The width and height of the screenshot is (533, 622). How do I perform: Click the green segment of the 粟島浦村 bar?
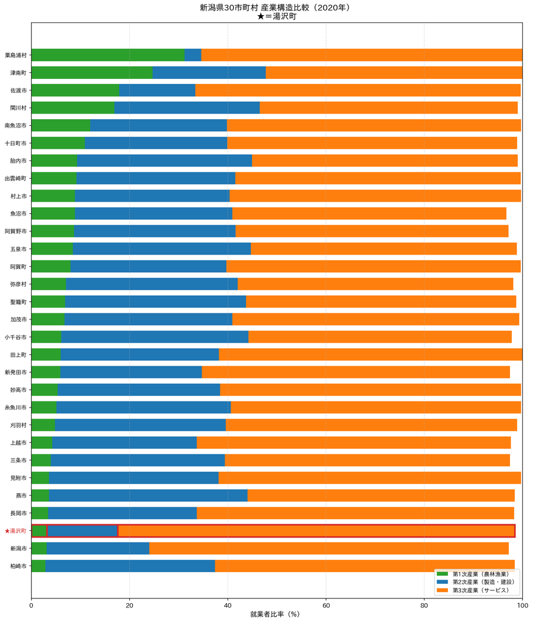[108, 55]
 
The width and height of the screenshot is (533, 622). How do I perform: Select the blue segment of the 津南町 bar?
[209, 73]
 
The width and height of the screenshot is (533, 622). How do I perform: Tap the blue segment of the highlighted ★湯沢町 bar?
[83, 531]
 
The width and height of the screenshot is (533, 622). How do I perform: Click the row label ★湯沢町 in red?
[15, 531]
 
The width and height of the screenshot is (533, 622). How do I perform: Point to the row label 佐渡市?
[18, 91]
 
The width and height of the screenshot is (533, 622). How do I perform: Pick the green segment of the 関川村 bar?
[73, 108]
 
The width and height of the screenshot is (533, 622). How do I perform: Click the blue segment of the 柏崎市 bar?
[130, 566]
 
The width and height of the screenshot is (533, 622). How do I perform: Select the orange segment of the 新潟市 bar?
[329, 549]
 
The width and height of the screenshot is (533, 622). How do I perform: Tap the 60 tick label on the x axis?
[326, 606]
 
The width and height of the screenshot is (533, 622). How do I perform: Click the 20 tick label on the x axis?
[129, 606]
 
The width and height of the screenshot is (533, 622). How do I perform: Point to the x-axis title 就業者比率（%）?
[275, 614]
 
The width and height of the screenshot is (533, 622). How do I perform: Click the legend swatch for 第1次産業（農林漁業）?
[442, 573]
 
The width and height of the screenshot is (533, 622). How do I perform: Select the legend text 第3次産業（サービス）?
[481, 590]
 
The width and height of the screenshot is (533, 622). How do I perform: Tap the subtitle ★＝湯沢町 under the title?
[276, 16]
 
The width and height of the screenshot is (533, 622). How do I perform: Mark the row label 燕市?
[21, 496]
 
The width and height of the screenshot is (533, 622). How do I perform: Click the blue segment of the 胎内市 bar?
[165, 160]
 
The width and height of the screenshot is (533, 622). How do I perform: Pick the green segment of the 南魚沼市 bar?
[61, 125]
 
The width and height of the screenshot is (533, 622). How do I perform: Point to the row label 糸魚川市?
[15, 408]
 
